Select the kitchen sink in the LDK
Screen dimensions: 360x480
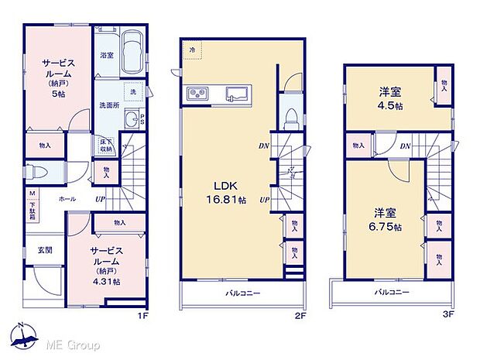(x=237, y=94)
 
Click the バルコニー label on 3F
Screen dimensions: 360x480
(x=393, y=293)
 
